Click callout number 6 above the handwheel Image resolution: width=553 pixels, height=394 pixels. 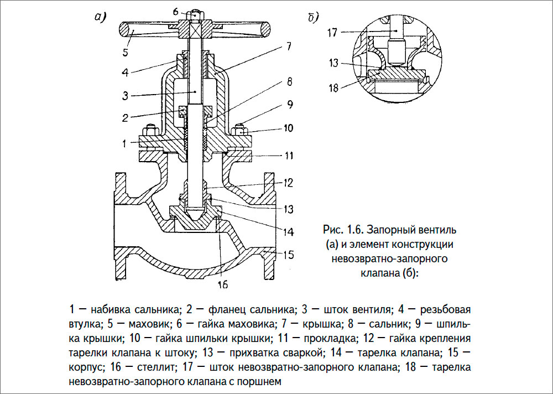175,11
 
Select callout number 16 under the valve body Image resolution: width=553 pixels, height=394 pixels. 222,284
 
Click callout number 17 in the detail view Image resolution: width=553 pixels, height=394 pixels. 332,32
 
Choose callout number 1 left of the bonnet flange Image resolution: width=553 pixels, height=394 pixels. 126,142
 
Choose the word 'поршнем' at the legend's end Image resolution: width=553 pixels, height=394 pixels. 262,381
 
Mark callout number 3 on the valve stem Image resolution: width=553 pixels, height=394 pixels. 126,95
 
